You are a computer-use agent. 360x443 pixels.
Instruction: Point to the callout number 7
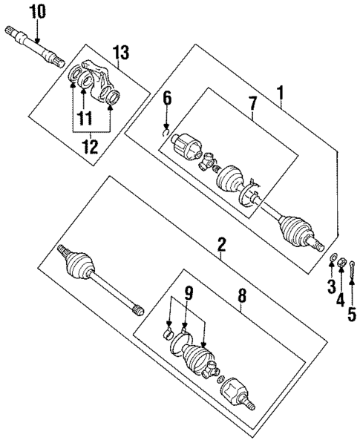(252, 104)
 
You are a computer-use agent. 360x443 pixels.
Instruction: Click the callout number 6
(167, 99)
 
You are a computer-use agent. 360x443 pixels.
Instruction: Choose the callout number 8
(242, 296)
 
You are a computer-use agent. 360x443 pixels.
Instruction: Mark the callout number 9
(189, 294)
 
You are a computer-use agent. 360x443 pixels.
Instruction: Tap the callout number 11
(85, 118)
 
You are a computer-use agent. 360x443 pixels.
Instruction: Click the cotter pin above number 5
(353, 269)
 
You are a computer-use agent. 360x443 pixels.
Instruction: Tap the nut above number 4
(342, 262)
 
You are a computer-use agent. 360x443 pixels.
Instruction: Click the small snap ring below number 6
(166, 132)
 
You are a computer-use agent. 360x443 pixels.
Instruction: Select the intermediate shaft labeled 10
(34, 46)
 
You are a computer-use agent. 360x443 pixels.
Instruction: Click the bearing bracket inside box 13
(95, 82)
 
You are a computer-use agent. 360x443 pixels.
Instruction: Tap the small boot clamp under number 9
(168, 333)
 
